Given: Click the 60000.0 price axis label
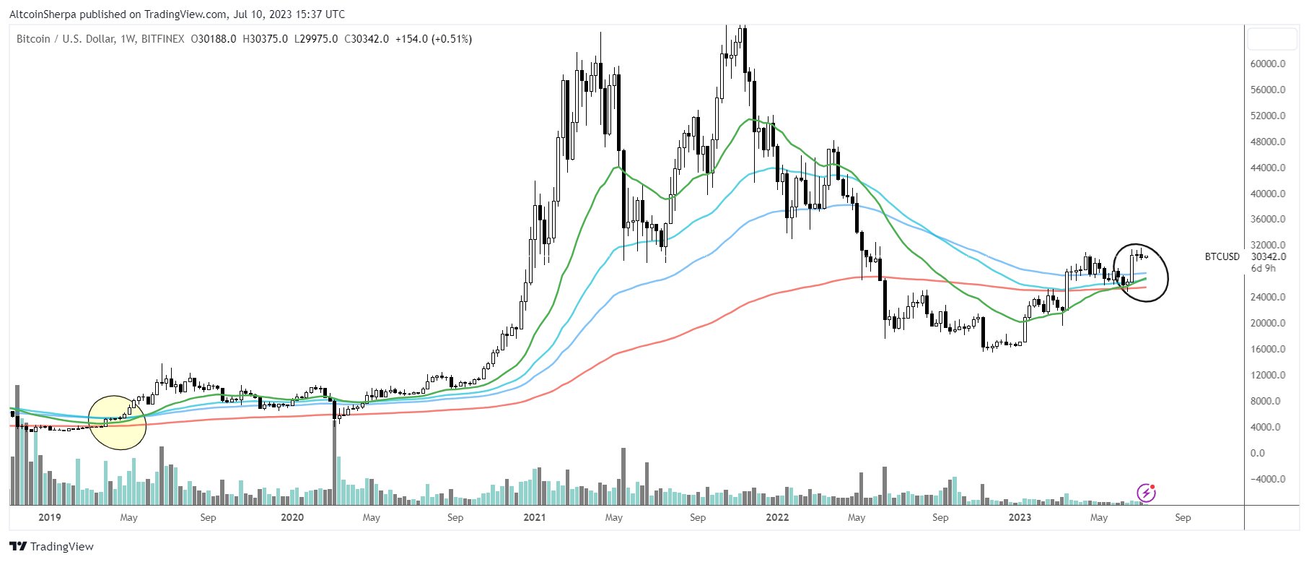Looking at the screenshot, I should (x=1268, y=64).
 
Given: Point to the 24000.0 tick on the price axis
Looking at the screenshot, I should (x=1268, y=297).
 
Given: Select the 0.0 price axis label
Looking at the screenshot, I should (x=1258, y=453).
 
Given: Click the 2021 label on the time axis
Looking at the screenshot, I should (x=534, y=517).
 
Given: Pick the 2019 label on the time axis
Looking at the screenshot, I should (x=49, y=517).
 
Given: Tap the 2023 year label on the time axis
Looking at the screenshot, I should (x=1019, y=517).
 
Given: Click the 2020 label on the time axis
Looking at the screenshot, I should (x=292, y=517).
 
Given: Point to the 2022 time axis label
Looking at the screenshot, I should (x=776, y=517).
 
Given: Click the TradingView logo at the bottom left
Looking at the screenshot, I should (x=51, y=546).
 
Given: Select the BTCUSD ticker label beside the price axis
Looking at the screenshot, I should (x=1222, y=256).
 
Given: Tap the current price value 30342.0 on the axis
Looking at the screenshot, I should (x=1269, y=256).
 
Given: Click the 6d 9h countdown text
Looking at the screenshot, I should (x=1263, y=268).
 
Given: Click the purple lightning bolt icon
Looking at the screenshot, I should (x=1146, y=493).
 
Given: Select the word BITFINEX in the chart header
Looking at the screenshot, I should (x=162, y=39).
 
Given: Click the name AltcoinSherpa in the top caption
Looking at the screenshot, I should (x=43, y=14).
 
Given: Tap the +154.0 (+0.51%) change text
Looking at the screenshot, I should (x=433, y=39).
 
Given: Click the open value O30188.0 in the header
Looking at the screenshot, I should (x=214, y=39).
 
